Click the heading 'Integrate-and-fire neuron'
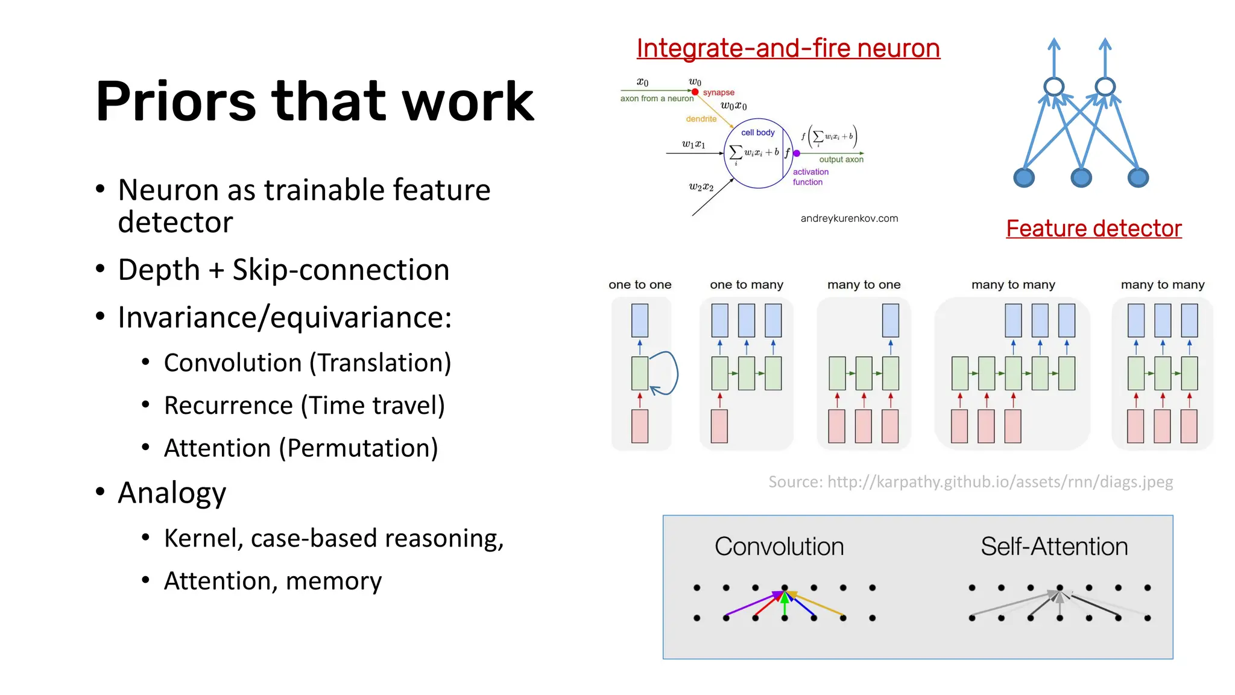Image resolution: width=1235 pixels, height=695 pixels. (788, 48)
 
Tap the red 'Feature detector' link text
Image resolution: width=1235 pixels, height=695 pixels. (1093, 229)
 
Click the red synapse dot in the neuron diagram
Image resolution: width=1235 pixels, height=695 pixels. (695, 92)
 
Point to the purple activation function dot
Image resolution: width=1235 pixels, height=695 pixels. (797, 153)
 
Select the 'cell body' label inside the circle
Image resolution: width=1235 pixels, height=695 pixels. (757, 132)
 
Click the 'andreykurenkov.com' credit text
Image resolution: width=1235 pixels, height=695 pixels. (849, 218)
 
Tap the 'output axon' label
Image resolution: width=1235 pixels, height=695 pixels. (841, 159)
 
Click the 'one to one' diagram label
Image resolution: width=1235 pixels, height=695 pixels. (640, 285)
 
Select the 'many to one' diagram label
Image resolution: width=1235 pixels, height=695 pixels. (864, 285)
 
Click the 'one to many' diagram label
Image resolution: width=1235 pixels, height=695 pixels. (746, 285)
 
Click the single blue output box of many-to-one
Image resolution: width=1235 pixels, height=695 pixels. (890, 320)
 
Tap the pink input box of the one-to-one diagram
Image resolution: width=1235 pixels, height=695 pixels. (640, 426)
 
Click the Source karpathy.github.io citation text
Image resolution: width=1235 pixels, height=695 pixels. (970, 482)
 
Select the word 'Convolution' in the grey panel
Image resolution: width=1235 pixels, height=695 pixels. (779, 547)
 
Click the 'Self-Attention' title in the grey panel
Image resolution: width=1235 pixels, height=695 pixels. (1053, 547)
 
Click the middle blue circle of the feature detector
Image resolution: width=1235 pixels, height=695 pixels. (1081, 178)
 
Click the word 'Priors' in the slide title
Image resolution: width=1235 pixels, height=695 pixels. (175, 101)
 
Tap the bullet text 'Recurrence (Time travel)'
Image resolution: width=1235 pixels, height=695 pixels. (304, 405)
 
